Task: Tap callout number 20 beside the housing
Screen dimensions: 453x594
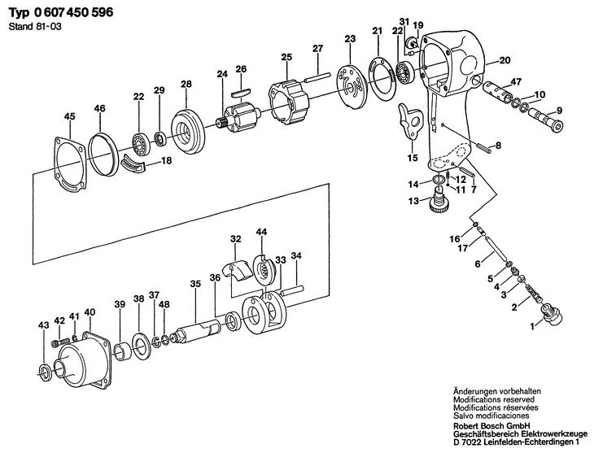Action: pyautogui.click(x=504, y=60)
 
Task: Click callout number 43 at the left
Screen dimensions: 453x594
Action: pyautogui.click(x=43, y=326)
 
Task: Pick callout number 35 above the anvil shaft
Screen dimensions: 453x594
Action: pyautogui.click(x=194, y=284)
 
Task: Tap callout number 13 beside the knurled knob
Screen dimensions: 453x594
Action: pyautogui.click(x=413, y=200)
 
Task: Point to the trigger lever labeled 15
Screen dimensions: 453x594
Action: pyautogui.click(x=410, y=122)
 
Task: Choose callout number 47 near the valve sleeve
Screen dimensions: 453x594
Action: pyautogui.click(x=516, y=82)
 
